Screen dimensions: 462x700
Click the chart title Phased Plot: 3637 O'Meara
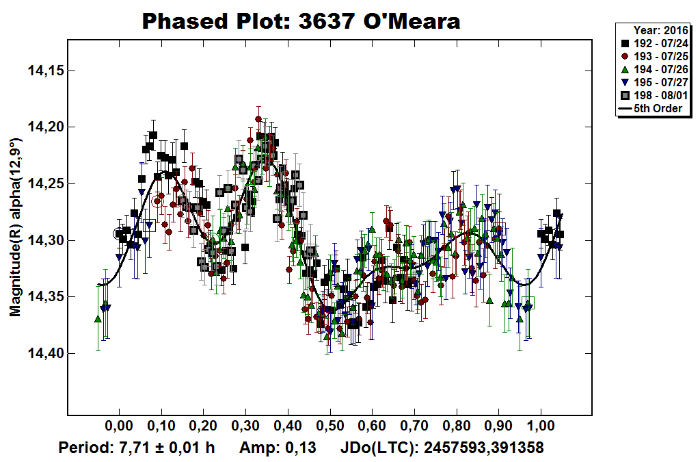pyautogui.click(x=301, y=21)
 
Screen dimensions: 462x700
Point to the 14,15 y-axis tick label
pyautogui.click(x=44, y=70)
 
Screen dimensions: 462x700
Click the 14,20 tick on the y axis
pyautogui.click(x=44, y=127)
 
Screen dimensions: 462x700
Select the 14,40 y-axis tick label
pyautogui.click(x=44, y=354)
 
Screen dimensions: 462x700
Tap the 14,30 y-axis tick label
pyautogui.click(x=44, y=241)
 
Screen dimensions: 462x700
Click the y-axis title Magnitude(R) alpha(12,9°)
pyautogui.click(x=15, y=227)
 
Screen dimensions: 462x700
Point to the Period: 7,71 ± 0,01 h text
pyautogui.click(x=137, y=448)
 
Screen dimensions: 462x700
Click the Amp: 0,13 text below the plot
pyautogui.click(x=278, y=448)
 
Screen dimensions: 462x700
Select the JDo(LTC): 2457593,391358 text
pyautogui.click(x=442, y=448)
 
